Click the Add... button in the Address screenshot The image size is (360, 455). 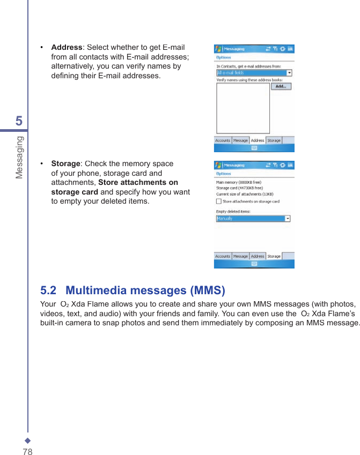click(281, 86)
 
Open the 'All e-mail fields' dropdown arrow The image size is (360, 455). click(290, 73)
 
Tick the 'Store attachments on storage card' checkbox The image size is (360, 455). click(218, 202)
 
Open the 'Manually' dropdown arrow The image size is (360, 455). click(288, 219)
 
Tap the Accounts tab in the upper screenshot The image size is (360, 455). click(223, 140)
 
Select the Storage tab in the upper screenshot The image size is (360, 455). click(274, 140)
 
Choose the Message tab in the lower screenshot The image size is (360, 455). click(240, 256)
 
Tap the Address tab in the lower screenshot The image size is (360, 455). click(258, 256)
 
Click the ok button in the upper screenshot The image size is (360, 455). click(290, 49)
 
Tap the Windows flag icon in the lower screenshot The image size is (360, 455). click(218, 165)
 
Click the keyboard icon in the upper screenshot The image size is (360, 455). click(254, 148)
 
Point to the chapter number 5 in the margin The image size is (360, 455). click(19, 121)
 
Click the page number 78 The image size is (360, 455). click(27, 452)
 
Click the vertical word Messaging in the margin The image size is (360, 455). click(19, 157)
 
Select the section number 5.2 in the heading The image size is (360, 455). click(48, 290)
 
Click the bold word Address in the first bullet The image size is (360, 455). click(66, 48)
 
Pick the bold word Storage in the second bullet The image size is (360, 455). click(65, 163)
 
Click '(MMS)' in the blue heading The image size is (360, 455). click(208, 290)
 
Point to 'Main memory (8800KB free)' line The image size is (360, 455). click(239, 182)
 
